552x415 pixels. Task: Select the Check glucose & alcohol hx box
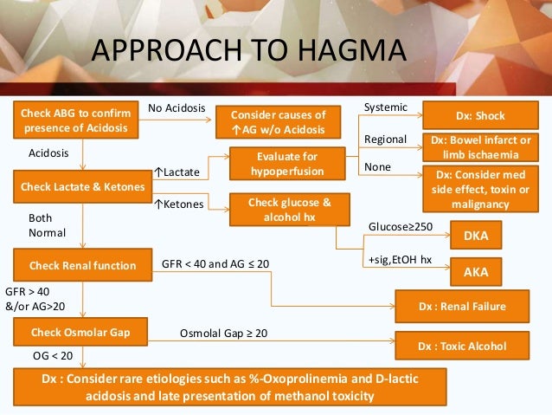[x=277, y=209]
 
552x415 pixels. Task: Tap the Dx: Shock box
[x=479, y=115]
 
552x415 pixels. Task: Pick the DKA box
[x=476, y=235]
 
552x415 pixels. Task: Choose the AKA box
[x=476, y=271]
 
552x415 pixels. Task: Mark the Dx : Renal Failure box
[x=462, y=306]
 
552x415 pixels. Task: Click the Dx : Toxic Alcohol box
[x=462, y=346]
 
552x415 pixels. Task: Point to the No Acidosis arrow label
[x=177, y=108]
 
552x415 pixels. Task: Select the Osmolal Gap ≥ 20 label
[x=224, y=333]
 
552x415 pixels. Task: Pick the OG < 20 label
[x=52, y=355]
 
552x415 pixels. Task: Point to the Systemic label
[x=386, y=107]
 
